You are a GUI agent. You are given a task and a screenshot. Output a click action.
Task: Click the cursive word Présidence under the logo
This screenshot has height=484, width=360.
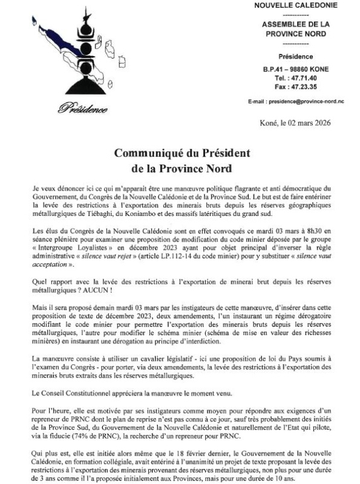coord(83,109)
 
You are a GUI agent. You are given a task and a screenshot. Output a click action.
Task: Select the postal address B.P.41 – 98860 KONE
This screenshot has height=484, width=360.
coord(296,69)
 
